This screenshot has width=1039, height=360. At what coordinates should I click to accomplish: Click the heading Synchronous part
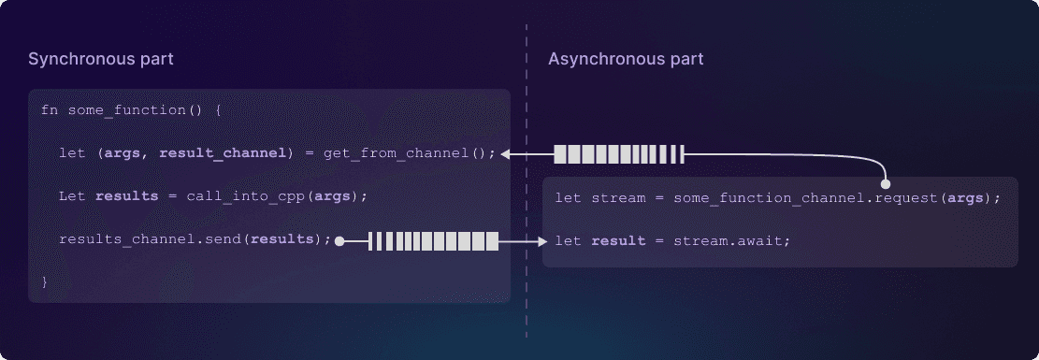tap(100, 59)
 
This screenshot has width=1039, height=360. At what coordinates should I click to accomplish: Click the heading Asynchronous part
tap(626, 59)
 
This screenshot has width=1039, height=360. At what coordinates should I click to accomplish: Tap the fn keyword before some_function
tap(50, 110)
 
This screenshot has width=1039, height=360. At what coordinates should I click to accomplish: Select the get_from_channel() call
tap(410, 153)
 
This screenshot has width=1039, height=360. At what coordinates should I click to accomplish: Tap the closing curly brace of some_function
tap(45, 281)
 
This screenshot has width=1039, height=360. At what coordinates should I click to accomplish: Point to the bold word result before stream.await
tap(618, 241)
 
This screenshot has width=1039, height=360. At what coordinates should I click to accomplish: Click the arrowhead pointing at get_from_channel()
tap(506, 153)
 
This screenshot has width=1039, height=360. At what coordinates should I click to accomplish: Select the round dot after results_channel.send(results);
tap(340, 241)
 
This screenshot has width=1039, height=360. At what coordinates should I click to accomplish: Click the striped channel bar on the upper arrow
tap(619, 153)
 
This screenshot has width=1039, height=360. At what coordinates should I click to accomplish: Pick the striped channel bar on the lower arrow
tap(434, 241)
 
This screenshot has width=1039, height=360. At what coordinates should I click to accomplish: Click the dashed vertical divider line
tap(526, 187)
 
